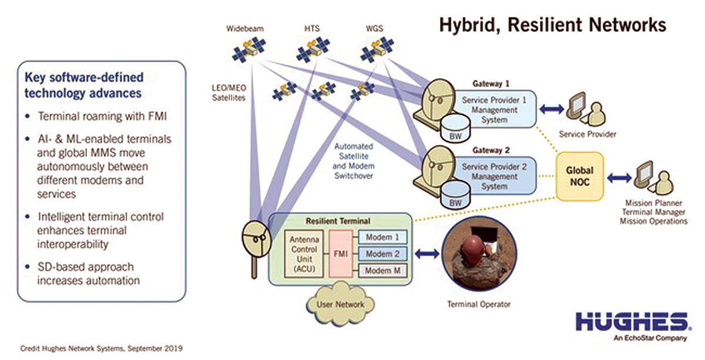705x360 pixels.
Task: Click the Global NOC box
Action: click(580, 177)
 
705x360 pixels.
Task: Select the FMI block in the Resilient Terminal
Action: click(341, 254)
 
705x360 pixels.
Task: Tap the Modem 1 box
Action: click(382, 237)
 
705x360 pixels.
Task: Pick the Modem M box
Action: click(382, 271)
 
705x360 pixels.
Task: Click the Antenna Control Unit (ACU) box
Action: click(304, 254)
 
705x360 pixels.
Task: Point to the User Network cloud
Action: click(341, 304)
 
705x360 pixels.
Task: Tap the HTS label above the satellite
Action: click(312, 29)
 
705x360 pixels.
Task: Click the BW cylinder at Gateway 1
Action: click(455, 129)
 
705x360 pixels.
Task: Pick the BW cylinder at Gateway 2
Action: click(455, 195)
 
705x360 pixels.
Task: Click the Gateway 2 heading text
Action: click(491, 150)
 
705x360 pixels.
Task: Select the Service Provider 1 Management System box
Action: click(494, 109)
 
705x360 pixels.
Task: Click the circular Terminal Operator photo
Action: click(479, 254)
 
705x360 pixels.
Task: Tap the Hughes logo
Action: click(633, 327)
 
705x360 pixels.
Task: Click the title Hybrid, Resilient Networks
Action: click(553, 25)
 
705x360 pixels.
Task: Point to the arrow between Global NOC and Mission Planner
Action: click(619, 178)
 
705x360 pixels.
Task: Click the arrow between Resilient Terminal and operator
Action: click(427, 254)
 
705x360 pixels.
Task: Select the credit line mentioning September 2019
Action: click(101, 349)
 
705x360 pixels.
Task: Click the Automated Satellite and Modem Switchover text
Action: click(354, 161)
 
